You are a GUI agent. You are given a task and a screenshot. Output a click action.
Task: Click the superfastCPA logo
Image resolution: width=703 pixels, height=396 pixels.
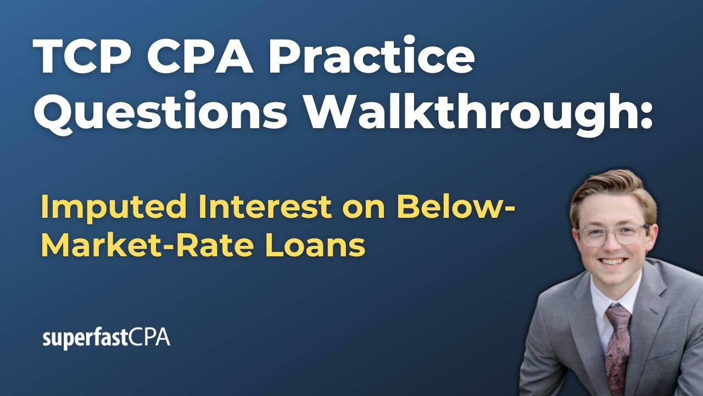tap(107, 338)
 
